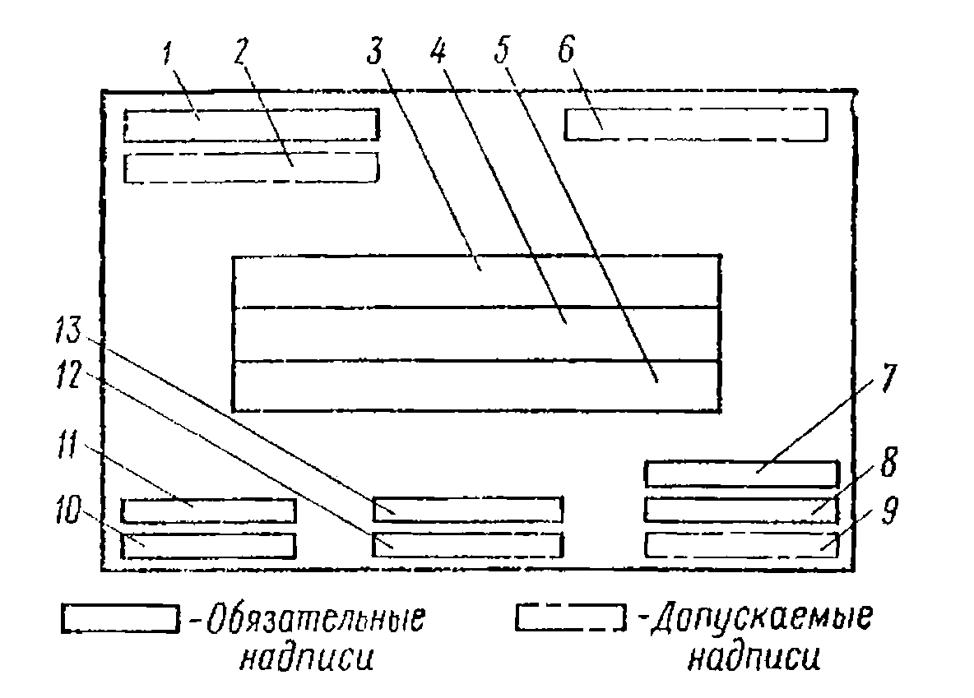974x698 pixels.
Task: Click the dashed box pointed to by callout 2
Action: coord(251,167)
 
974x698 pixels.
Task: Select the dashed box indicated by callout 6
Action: coord(695,124)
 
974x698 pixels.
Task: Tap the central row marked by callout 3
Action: coord(477,281)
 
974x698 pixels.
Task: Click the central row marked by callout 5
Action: coord(477,386)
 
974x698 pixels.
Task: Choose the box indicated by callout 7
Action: coord(740,474)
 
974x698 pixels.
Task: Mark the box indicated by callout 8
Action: coord(740,510)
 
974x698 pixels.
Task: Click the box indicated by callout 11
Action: coord(208,511)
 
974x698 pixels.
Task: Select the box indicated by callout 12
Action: coord(467,544)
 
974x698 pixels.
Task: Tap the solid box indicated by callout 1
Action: coord(251,124)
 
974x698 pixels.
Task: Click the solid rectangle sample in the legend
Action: coord(120,619)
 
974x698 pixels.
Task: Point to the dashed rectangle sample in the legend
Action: coord(568,618)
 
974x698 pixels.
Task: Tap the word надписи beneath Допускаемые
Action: coord(754,658)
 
